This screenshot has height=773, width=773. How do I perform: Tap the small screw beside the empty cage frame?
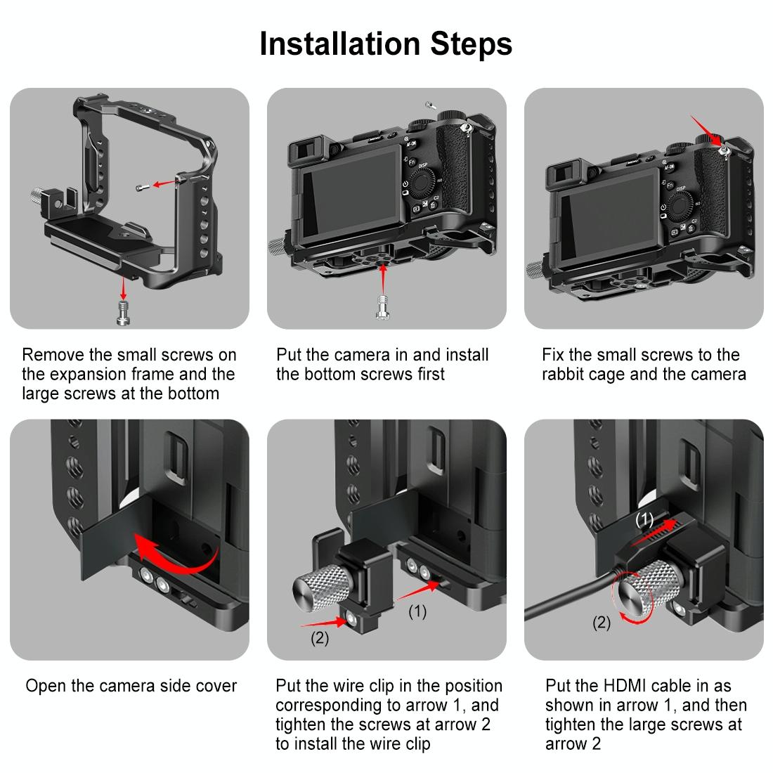[143, 187]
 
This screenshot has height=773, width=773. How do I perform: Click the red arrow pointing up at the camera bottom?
[383, 281]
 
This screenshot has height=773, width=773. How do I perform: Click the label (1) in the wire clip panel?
[417, 612]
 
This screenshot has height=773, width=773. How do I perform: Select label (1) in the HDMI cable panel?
[644, 520]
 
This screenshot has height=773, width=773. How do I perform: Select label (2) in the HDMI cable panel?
[602, 623]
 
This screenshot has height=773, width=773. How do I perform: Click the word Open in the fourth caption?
[44, 686]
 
